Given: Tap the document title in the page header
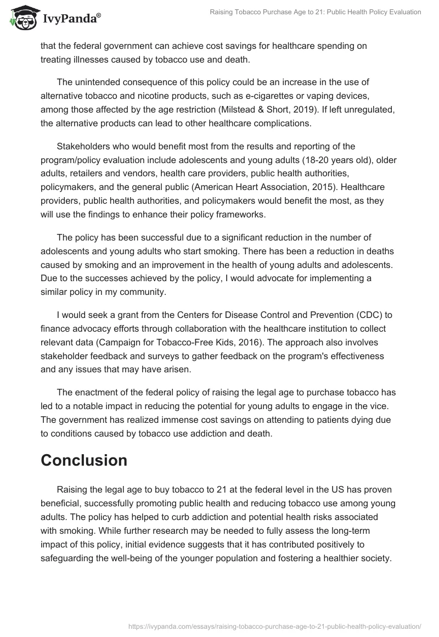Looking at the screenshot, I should (316, 12).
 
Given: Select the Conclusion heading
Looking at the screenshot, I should (84, 460).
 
